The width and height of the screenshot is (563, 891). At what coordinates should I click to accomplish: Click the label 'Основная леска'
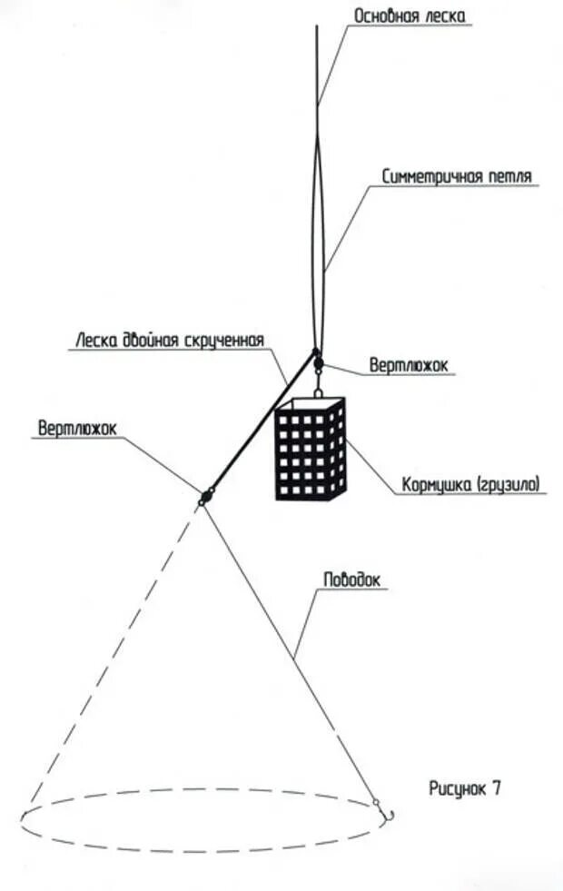coord(411,16)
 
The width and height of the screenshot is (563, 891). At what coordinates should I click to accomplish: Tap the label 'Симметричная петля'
coord(456,176)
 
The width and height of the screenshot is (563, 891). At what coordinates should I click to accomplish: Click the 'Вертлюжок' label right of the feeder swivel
coord(409,365)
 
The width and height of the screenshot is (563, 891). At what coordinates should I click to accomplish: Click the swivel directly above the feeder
coord(318,364)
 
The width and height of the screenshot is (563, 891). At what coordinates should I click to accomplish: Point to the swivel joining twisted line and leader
coord(205,497)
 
